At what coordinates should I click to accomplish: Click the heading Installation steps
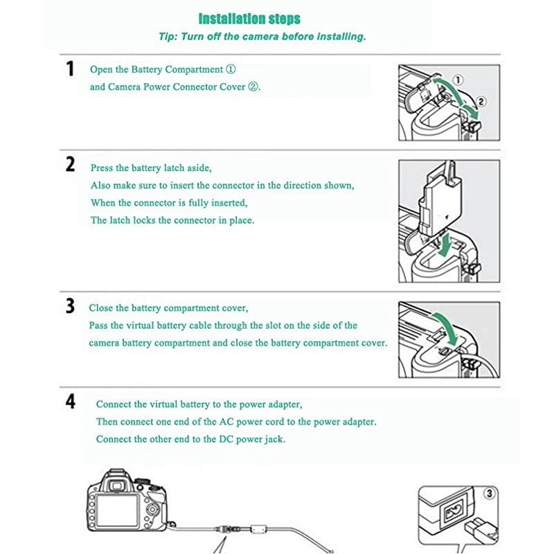click(249, 19)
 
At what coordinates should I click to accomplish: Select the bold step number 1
click(69, 69)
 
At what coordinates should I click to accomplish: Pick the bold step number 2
click(70, 165)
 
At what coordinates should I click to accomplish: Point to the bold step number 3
click(70, 306)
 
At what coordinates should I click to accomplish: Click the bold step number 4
click(70, 402)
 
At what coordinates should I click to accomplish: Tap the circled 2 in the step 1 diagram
click(482, 101)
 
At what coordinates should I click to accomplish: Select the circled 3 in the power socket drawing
click(490, 494)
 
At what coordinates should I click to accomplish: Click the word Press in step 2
click(102, 168)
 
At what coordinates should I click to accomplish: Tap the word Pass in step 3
click(99, 325)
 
